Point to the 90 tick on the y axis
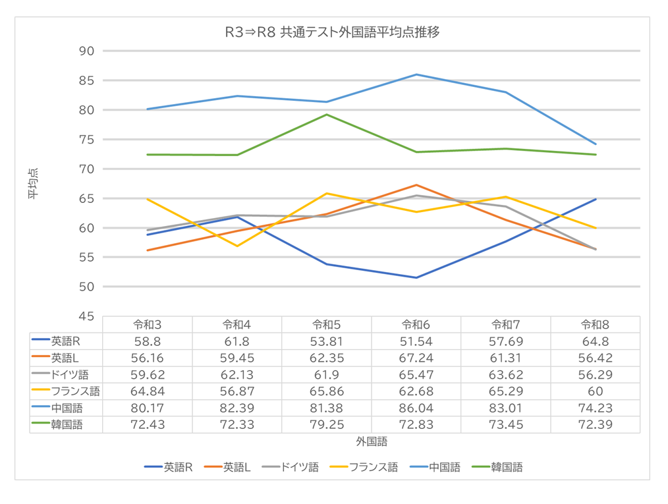click(86, 51)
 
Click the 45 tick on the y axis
click(86, 317)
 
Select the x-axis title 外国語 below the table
click(372, 441)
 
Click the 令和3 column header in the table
click(148, 324)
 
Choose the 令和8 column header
click(595, 324)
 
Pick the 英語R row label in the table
click(66, 341)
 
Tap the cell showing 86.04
click(416, 408)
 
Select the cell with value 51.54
click(416, 341)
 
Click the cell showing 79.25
click(327, 425)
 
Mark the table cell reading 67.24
click(416, 358)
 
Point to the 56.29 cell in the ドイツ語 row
click(595, 375)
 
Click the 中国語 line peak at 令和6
click(416, 74)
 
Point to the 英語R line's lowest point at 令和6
click(416, 277)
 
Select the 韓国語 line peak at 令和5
click(327, 115)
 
